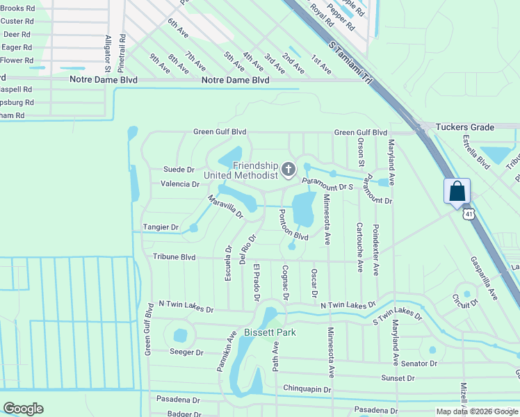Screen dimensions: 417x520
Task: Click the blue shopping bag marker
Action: (x=457, y=191)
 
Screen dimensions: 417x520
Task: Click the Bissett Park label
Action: (x=270, y=332)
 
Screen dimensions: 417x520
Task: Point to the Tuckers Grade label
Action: (x=464, y=127)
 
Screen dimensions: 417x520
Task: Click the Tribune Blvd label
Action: (x=174, y=257)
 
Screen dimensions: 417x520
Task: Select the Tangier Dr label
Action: (x=161, y=227)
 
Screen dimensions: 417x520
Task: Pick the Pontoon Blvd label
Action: (x=293, y=225)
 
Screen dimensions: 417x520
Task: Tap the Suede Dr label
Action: (x=179, y=170)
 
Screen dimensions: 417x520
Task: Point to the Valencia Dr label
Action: (x=180, y=184)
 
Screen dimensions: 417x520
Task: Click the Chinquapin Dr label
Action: (x=309, y=388)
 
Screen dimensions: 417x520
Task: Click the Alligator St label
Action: (x=108, y=54)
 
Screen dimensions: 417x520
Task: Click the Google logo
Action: (x=23, y=409)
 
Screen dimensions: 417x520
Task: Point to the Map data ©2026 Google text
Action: (x=476, y=411)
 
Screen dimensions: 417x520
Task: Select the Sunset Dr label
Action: (x=398, y=378)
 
